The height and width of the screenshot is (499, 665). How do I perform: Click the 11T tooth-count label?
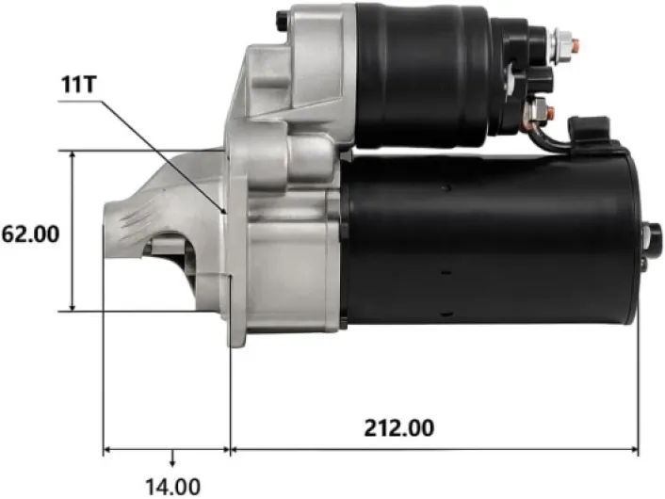pyautogui.click(x=79, y=85)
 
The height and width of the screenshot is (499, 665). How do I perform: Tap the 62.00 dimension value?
pyautogui.click(x=30, y=234)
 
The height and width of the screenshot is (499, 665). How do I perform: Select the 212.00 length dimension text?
pyautogui.click(x=399, y=427)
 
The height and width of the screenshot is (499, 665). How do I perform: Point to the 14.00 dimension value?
pyautogui.click(x=173, y=487)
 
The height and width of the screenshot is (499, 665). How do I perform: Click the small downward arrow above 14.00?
pyautogui.click(x=172, y=459)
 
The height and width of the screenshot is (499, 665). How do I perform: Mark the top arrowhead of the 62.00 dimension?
pyautogui.click(x=73, y=155)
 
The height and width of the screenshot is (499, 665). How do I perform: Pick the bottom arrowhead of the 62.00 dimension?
pyautogui.click(x=73, y=306)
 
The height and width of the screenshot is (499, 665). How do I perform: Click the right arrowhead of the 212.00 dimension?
pyautogui.click(x=634, y=449)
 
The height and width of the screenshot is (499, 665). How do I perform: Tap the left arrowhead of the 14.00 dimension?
pyautogui.click(x=108, y=449)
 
